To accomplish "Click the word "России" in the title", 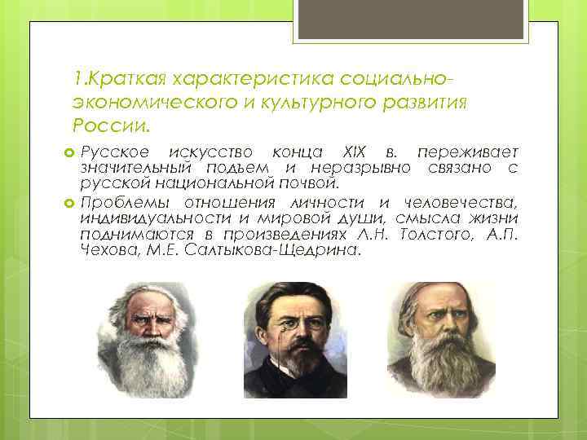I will [108, 127].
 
